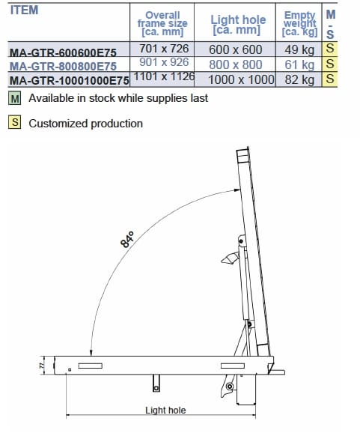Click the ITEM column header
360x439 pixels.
click(25, 10)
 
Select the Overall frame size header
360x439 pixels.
click(162, 23)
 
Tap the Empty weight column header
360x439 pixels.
click(299, 23)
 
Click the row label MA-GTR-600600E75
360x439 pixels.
click(63, 52)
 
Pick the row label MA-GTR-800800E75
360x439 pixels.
click(63, 67)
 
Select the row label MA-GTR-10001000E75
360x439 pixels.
click(70, 81)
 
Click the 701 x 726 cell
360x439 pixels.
click(164, 49)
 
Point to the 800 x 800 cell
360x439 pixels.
click(236, 64)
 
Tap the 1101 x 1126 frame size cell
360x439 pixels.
click(164, 76)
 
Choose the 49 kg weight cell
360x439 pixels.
click(299, 50)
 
